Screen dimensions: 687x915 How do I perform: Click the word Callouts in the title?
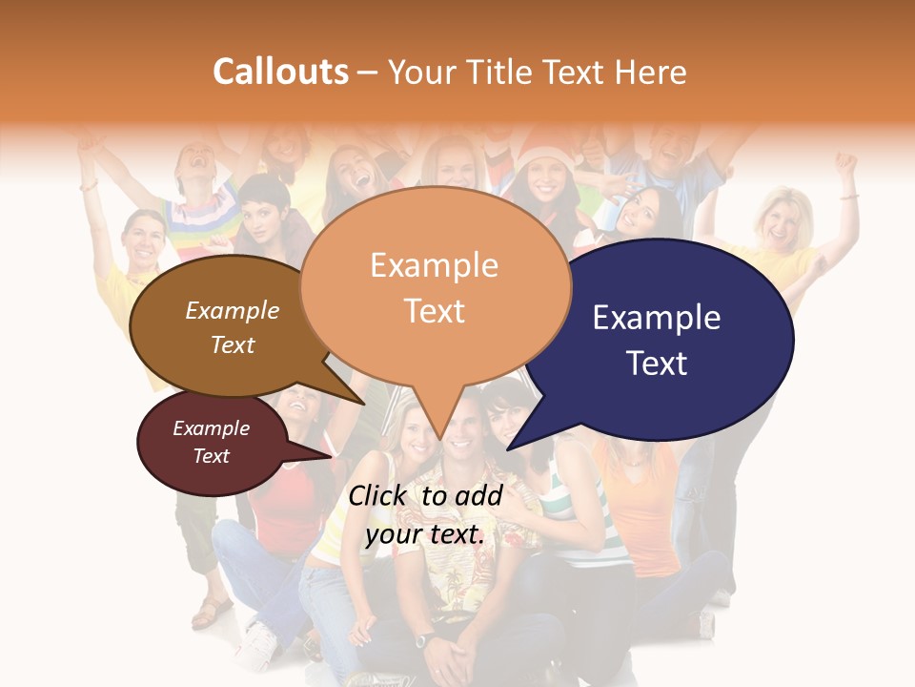click(x=280, y=72)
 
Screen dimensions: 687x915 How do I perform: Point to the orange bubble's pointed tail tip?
click(x=439, y=440)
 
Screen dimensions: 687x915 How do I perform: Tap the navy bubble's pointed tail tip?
click(x=508, y=448)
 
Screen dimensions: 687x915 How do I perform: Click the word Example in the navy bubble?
click(x=657, y=318)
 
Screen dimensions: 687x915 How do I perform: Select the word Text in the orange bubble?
click(x=434, y=311)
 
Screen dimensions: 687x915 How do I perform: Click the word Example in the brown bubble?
click(x=232, y=310)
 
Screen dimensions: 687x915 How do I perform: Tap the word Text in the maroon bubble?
click(x=212, y=456)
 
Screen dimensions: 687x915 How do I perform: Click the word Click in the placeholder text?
click(x=377, y=495)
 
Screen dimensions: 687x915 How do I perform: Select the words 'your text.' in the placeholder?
click(x=425, y=534)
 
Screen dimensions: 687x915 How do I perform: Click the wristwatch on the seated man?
click(x=425, y=637)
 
